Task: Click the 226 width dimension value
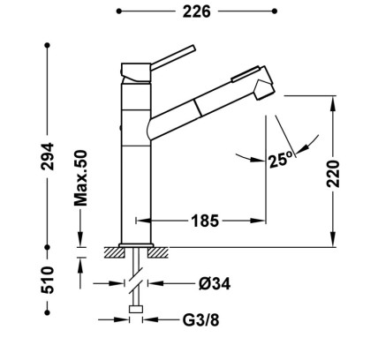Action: coord(197,11)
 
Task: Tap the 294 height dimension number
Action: coord(48,156)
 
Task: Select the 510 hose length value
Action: coord(48,280)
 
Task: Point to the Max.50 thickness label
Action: coord(80,178)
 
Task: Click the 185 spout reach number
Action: coord(205,221)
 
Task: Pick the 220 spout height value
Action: coord(333,174)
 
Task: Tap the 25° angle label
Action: coord(281,160)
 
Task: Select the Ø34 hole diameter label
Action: coord(215,283)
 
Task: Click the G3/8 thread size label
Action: coord(201,320)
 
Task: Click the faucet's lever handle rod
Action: coord(173,57)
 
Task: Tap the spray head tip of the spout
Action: coord(265,90)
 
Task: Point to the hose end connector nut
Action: coord(136,309)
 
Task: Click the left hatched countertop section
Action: coord(114,252)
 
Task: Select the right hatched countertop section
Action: coord(158,252)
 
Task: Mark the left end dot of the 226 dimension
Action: coord(118,11)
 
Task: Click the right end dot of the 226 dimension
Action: coord(275,11)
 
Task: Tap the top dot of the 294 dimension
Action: coord(48,45)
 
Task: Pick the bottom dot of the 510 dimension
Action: coord(48,312)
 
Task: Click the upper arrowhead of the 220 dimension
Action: coord(333,103)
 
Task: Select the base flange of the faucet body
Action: coord(136,245)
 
